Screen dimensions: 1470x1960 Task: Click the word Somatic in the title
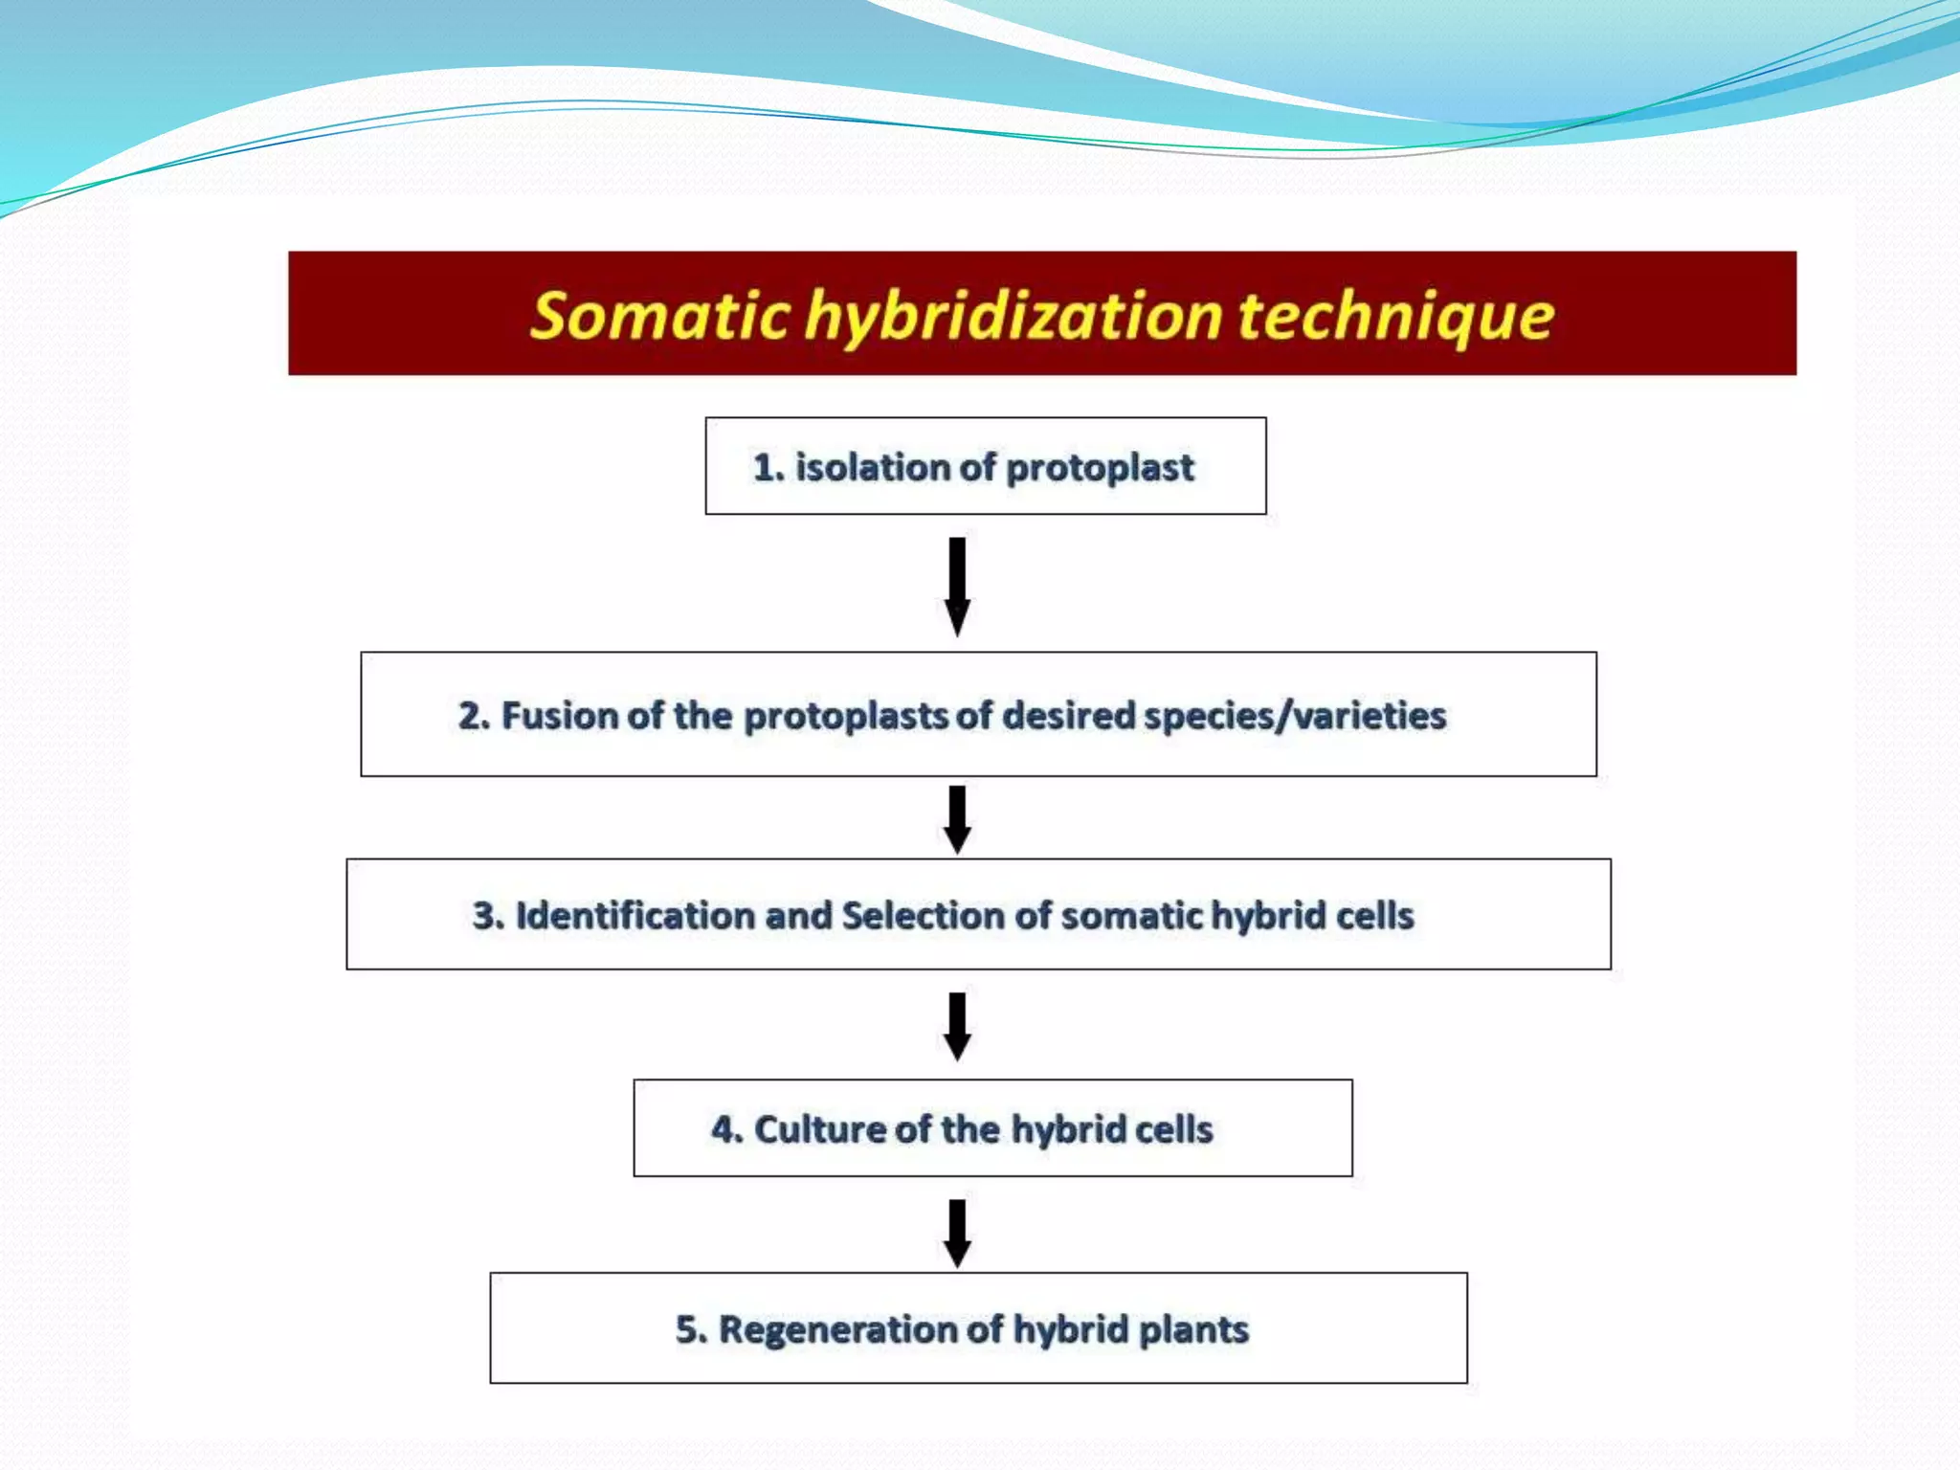pyautogui.click(x=660, y=316)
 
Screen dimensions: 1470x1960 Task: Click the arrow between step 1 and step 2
pyautogui.click(x=957, y=586)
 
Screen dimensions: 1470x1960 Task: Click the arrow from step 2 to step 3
pyautogui.click(x=957, y=819)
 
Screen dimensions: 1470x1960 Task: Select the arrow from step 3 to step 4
pyautogui.click(x=957, y=1026)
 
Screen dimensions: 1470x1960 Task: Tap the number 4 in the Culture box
pyautogui.click(x=724, y=1130)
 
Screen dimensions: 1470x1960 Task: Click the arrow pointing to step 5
pyautogui.click(x=957, y=1233)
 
